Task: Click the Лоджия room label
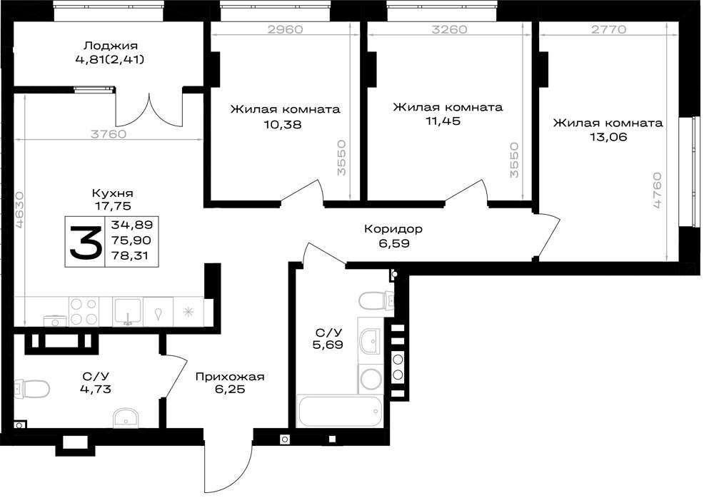coord(111,46)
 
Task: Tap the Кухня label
coord(113,193)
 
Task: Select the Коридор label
coord(393,228)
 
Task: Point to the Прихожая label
coord(230,377)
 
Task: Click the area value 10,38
coord(283,124)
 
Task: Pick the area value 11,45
coord(443,121)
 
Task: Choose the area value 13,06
coord(608,136)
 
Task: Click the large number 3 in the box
coord(85,242)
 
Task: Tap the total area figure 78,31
coord(130,255)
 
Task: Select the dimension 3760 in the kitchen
coord(109,134)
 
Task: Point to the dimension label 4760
coord(657,190)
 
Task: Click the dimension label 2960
coord(285,29)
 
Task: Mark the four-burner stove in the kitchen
coord(84,311)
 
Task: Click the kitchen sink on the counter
coord(128,312)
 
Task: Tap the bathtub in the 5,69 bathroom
coord(341,411)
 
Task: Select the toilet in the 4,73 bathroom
coord(32,389)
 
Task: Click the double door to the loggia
coord(149,110)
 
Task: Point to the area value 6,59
coord(394,243)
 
